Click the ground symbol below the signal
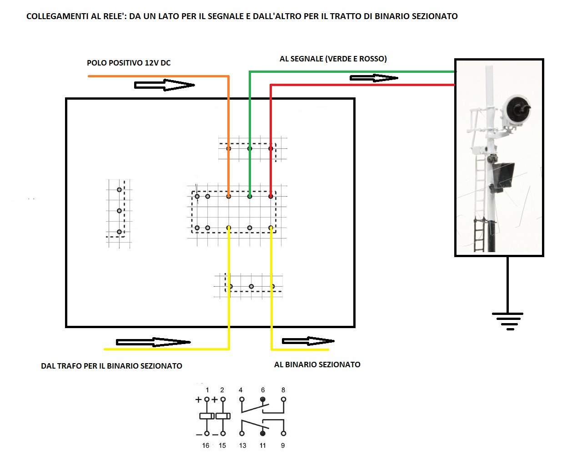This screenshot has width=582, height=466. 507,321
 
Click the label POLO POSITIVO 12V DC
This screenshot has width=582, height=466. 129,63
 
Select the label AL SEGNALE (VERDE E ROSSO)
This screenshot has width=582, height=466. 333,59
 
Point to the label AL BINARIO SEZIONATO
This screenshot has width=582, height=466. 317,365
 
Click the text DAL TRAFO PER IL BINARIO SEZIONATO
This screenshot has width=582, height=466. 111,366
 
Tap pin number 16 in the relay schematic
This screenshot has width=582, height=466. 206,446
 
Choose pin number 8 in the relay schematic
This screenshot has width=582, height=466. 283,390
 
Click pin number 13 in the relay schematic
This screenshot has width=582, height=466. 243,446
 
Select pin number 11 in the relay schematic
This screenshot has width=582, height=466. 263,446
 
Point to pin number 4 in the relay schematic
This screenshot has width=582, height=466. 241,390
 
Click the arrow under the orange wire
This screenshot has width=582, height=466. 165,85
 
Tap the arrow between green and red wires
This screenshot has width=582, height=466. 374,78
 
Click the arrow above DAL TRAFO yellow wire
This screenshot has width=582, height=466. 153,342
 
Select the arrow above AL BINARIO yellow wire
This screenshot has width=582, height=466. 308,341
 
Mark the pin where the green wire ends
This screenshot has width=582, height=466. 250,196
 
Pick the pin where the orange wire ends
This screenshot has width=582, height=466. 229,196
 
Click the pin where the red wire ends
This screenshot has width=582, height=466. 271,196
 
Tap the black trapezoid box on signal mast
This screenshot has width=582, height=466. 502,176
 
